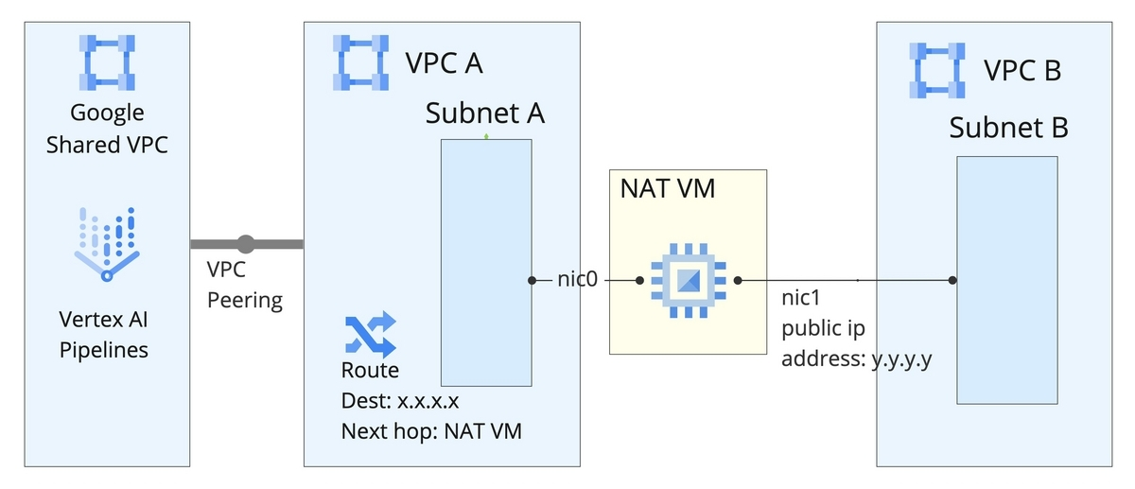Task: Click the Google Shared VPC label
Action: (x=108, y=129)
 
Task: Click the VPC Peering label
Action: (x=244, y=285)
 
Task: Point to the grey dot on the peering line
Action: (x=246, y=244)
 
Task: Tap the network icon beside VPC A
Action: (x=360, y=61)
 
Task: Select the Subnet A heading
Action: (x=485, y=114)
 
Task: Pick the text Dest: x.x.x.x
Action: (x=400, y=400)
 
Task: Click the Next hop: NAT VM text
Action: (x=431, y=431)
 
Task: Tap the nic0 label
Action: (x=576, y=280)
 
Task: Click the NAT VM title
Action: (x=667, y=188)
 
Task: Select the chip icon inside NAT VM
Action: (x=689, y=280)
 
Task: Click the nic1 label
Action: (x=800, y=300)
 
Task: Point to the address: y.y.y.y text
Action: (x=857, y=359)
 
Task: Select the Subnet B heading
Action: (x=1008, y=128)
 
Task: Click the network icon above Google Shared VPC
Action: (x=108, y=62)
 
